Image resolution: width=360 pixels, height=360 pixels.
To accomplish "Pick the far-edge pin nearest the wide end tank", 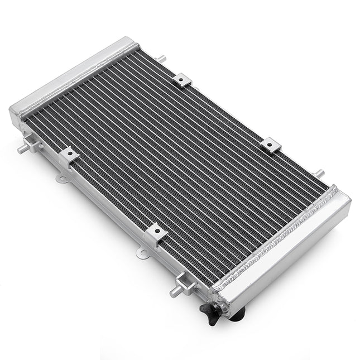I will (319, 174).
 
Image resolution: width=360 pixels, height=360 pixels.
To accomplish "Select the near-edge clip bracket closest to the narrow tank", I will (68, 155).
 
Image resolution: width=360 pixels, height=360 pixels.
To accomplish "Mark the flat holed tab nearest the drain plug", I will (142, 254).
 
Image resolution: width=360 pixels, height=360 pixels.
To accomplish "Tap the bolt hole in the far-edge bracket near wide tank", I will (269, 144).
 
